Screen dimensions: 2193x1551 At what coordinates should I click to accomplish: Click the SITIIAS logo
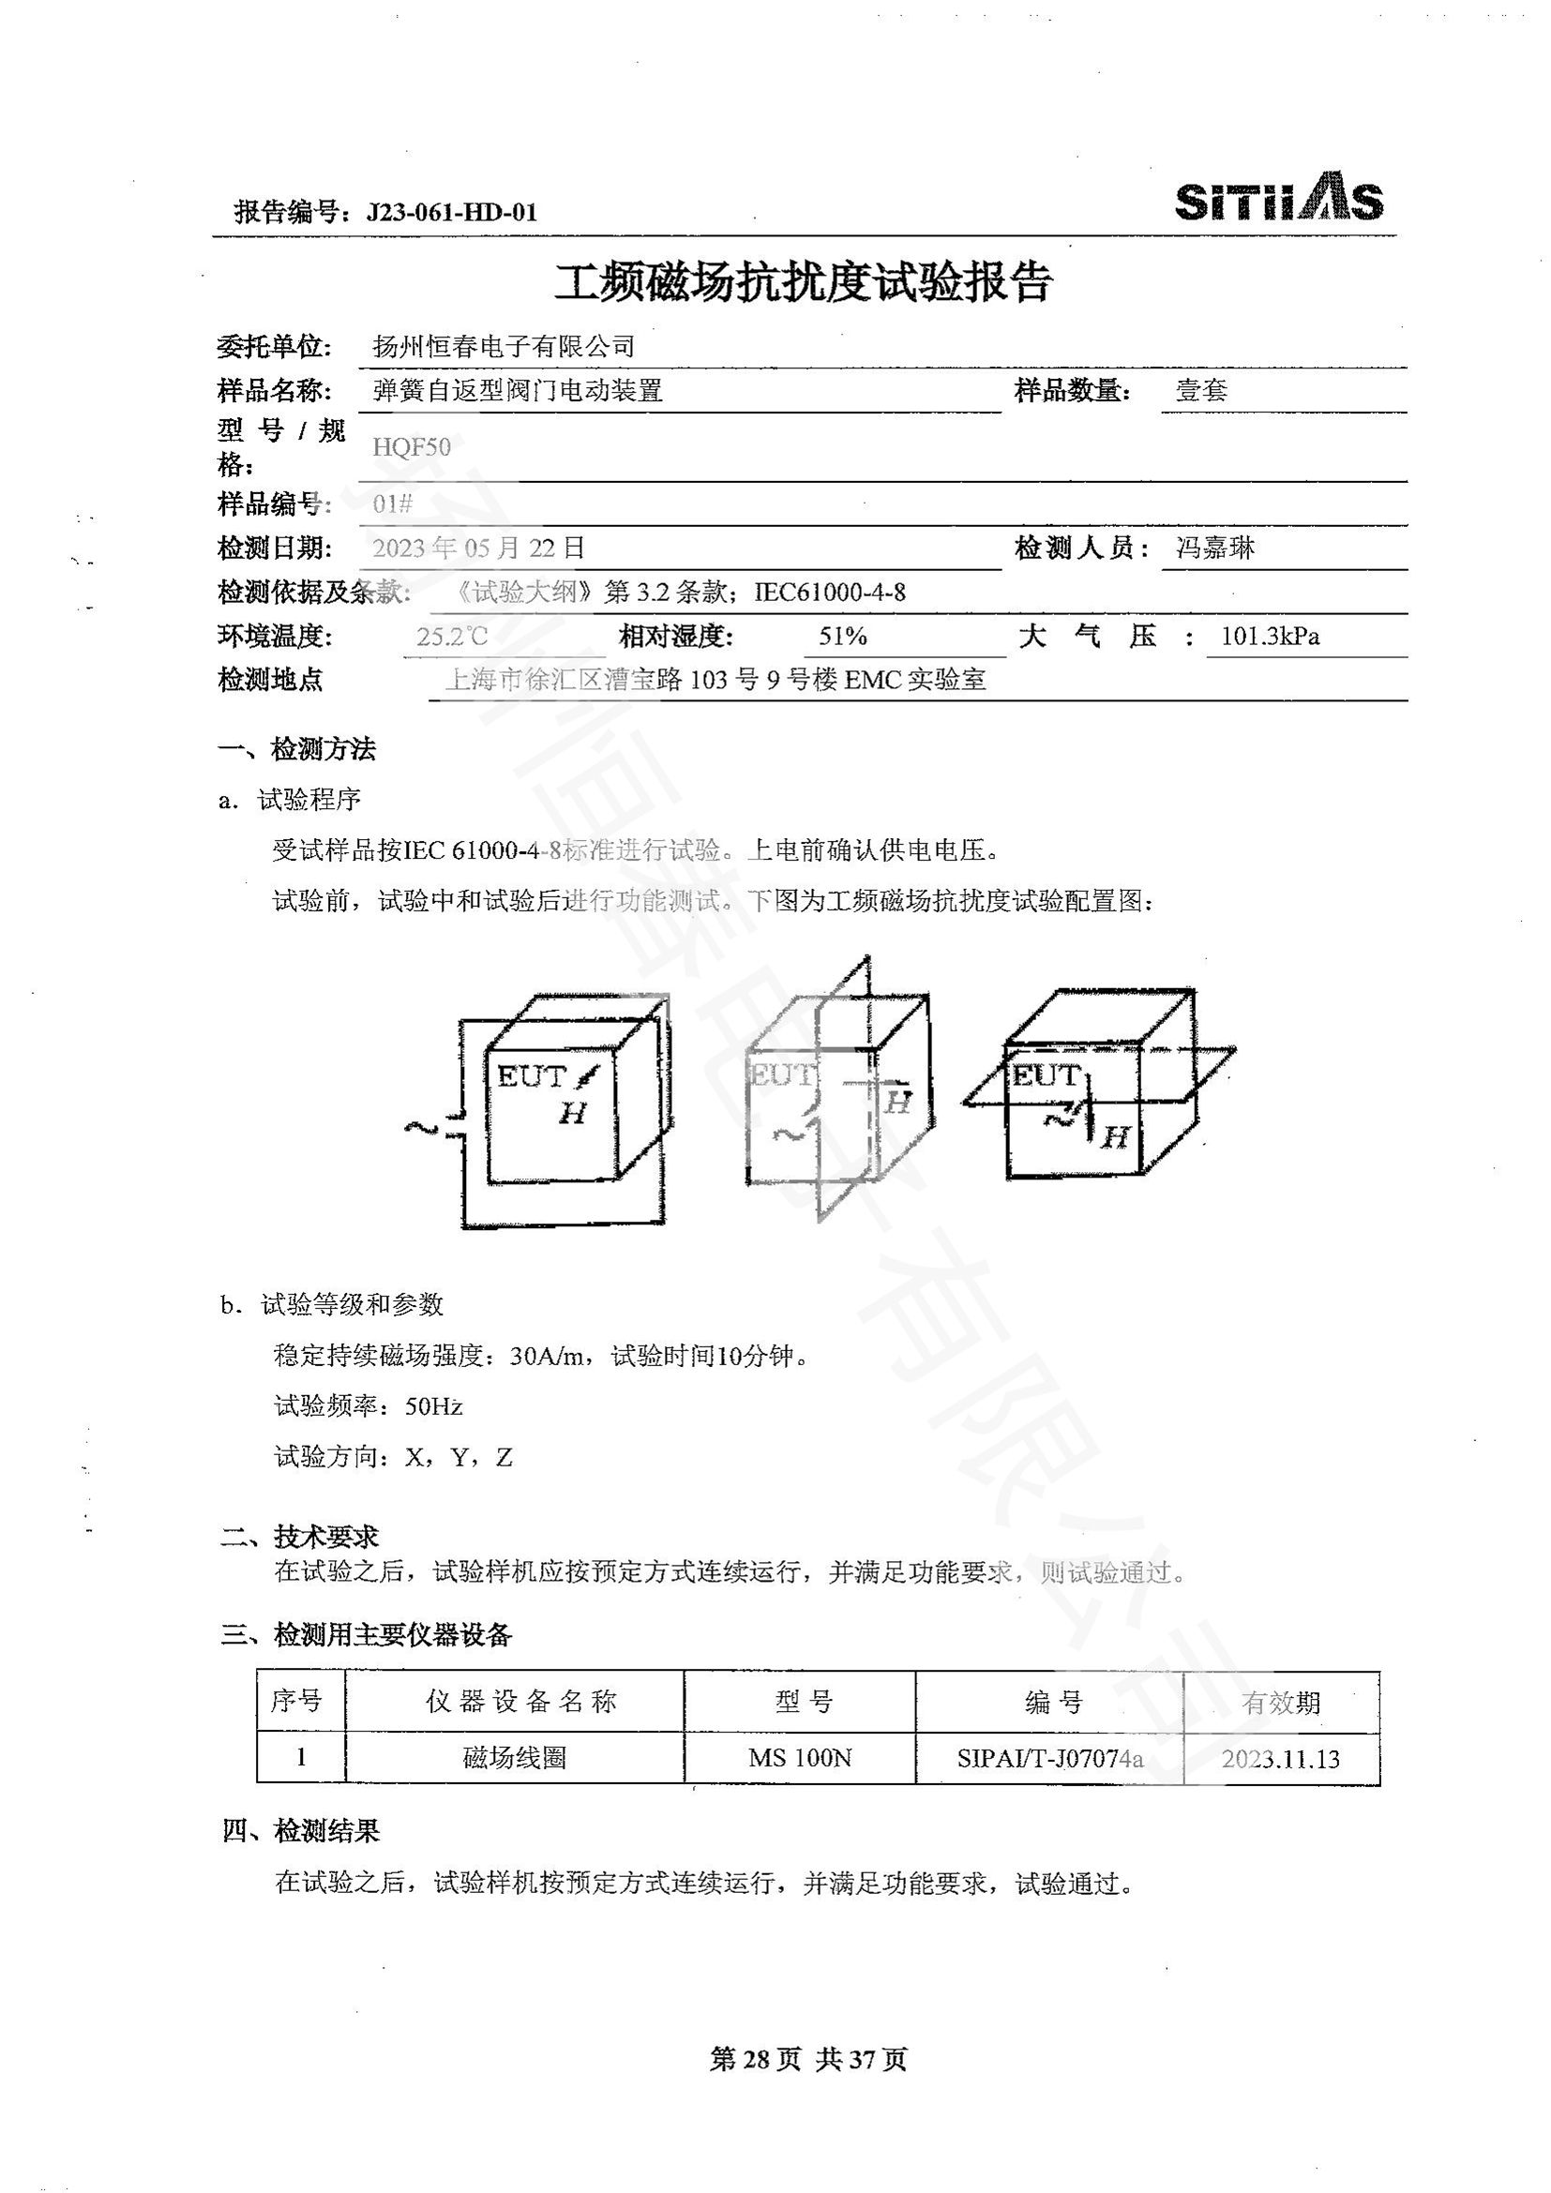tap(1278, 200)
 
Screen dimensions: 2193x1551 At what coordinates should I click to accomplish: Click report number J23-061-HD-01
tap(451, 212)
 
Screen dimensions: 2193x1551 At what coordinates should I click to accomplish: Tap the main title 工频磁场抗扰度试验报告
tap(804, 283)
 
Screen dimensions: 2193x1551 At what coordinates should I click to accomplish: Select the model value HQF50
tap(412, 447)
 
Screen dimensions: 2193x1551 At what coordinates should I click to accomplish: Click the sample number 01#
tap(393, 503)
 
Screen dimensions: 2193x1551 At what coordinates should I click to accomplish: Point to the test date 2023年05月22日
tap(478, 548)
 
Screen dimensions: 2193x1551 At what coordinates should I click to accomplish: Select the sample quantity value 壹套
tap(1200, 390)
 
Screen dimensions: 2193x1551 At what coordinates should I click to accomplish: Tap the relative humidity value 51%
tap(842, 636)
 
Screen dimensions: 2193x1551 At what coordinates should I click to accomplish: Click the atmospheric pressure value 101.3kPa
tap(1271, 636)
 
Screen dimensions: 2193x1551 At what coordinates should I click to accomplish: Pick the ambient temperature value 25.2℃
tap(452, 636)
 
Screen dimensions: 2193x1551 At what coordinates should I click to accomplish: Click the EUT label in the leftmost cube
tap(532, 1076)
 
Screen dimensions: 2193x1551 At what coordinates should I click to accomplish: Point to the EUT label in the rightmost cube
tap(1045, 1075)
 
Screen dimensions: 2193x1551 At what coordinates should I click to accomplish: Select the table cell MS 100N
tap(799, 1758)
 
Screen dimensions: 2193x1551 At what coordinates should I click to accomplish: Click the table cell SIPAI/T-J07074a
tap(1049, 1758)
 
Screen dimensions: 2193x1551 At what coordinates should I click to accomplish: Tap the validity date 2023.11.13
tap(1281, 1758)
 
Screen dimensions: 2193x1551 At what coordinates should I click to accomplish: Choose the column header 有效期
tap(1281, 1702)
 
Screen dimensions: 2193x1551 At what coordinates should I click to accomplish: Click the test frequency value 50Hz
tap(434, 1406)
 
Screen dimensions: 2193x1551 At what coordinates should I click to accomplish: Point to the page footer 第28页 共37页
tap(808, 2059)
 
